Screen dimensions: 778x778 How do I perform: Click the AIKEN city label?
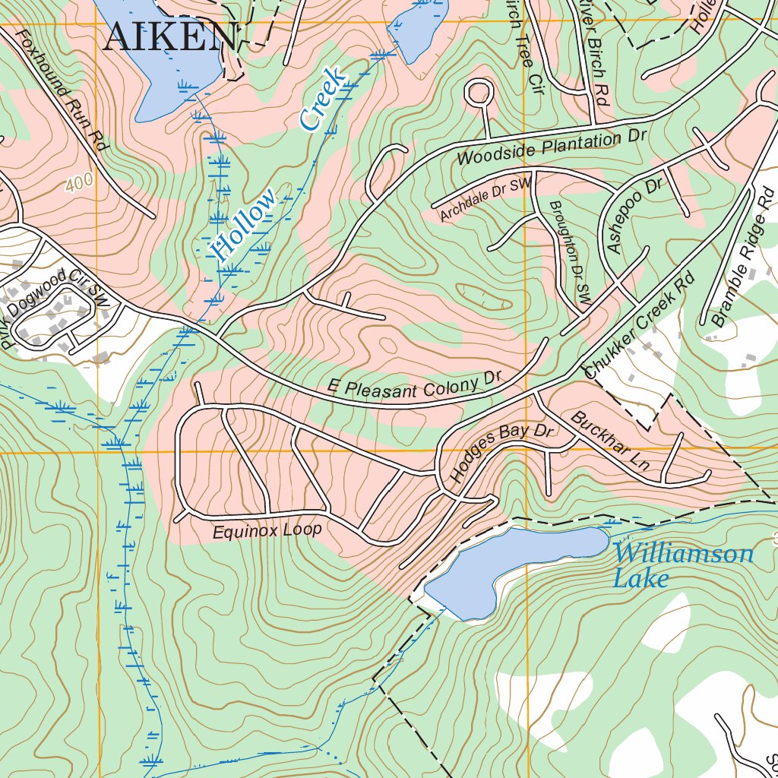click(169, 36)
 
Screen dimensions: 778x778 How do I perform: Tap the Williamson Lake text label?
click(682, 565)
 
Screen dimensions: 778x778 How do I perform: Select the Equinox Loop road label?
click(267, 530)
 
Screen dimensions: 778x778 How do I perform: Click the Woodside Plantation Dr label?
click(551, 148)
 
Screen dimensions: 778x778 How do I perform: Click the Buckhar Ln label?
click(609, 441)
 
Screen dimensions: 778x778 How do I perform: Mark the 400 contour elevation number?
click(79, 183)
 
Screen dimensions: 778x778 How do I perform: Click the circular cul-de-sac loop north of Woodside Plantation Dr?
click(479, 93)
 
